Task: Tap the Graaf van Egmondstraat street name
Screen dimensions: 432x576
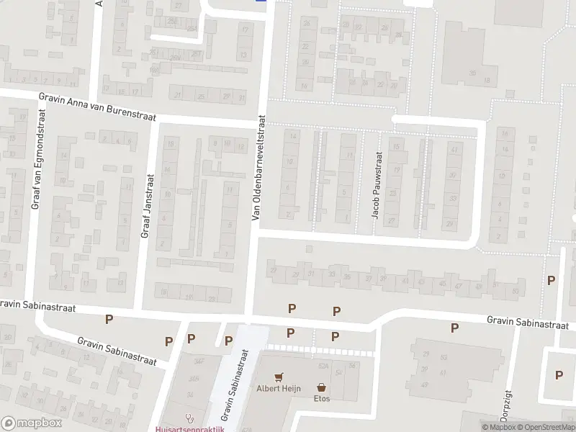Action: pos(36,161)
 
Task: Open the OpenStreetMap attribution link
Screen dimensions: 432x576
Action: pos(546,427)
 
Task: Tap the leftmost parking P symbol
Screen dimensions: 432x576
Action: pos(109,319)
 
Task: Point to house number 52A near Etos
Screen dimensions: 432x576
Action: pos(323,366)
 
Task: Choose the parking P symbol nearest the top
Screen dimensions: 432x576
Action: pos(552,280)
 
